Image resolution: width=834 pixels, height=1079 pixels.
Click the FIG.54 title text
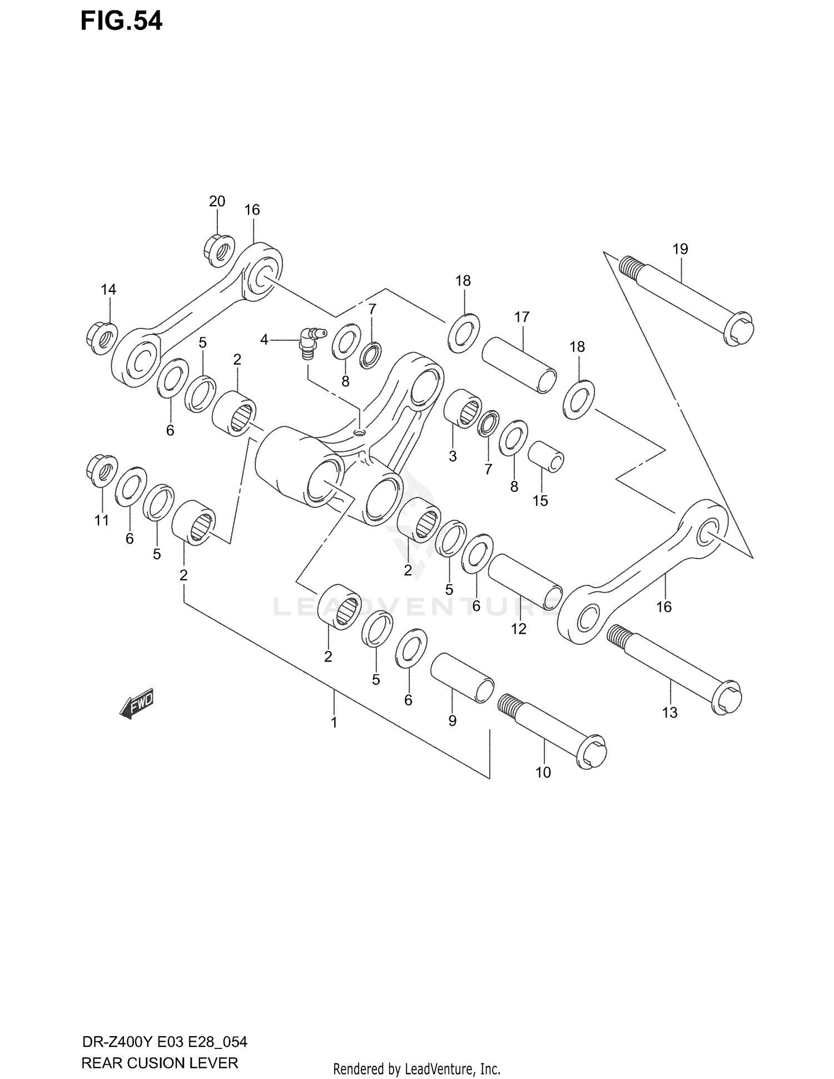point(121,21)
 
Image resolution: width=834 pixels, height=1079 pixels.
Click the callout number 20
point(217,201)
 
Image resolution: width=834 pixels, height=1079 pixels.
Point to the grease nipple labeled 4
point(307,340)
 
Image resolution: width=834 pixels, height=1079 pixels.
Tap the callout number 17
point(522,317)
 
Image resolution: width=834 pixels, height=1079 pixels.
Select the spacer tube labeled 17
point(518,365)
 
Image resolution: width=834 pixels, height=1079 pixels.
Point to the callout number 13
point(669,712)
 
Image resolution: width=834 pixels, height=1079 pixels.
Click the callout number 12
point(518,629)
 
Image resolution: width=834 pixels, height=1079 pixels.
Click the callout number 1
point(334,723)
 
